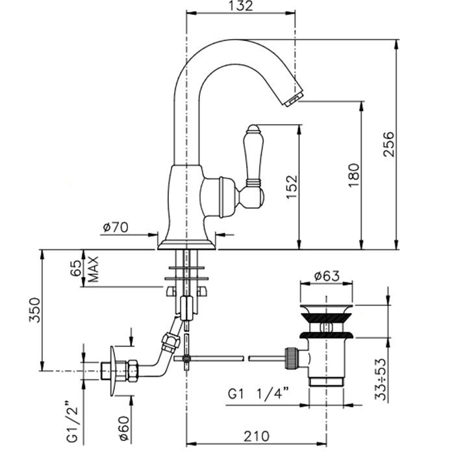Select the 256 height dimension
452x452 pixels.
tap(387, 144)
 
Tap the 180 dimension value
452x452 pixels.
tap(353, 175)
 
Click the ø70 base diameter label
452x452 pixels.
tap(116, 227)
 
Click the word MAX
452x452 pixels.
tap(93, 268)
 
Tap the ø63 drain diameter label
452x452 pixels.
tap(327, 275)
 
